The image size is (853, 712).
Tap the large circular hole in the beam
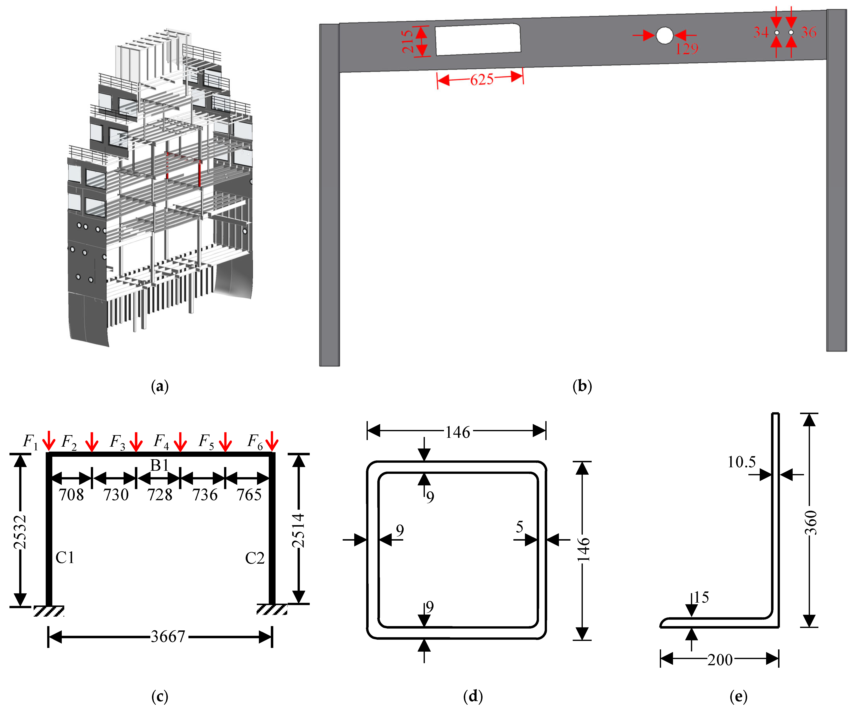(x=665, y=35)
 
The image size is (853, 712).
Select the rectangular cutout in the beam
(x=478, y=39)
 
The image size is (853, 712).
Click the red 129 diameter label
(x=686, y=49)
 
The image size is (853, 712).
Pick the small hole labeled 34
(x=777, y=33)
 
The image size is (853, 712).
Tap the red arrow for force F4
(x=180, y=441)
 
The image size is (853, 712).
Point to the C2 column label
(x=255, y=558)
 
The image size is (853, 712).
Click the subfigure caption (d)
(x=473, y=696)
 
